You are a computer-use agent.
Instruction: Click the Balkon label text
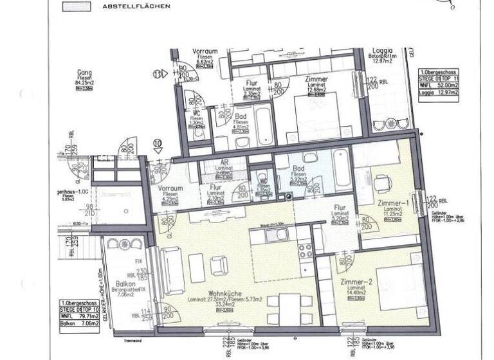[x=125, y=283]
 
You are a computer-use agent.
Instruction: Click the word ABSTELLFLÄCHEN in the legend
[x=136, y=6]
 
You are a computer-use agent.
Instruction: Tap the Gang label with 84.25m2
[x=82, y=74]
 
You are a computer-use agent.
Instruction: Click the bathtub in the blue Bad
[x=342, y=168]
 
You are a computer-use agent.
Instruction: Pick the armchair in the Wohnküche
[x=219, y=264]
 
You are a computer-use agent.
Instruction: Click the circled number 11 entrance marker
[x=157, y=75]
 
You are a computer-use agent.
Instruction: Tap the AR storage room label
[x=224, y=164]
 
